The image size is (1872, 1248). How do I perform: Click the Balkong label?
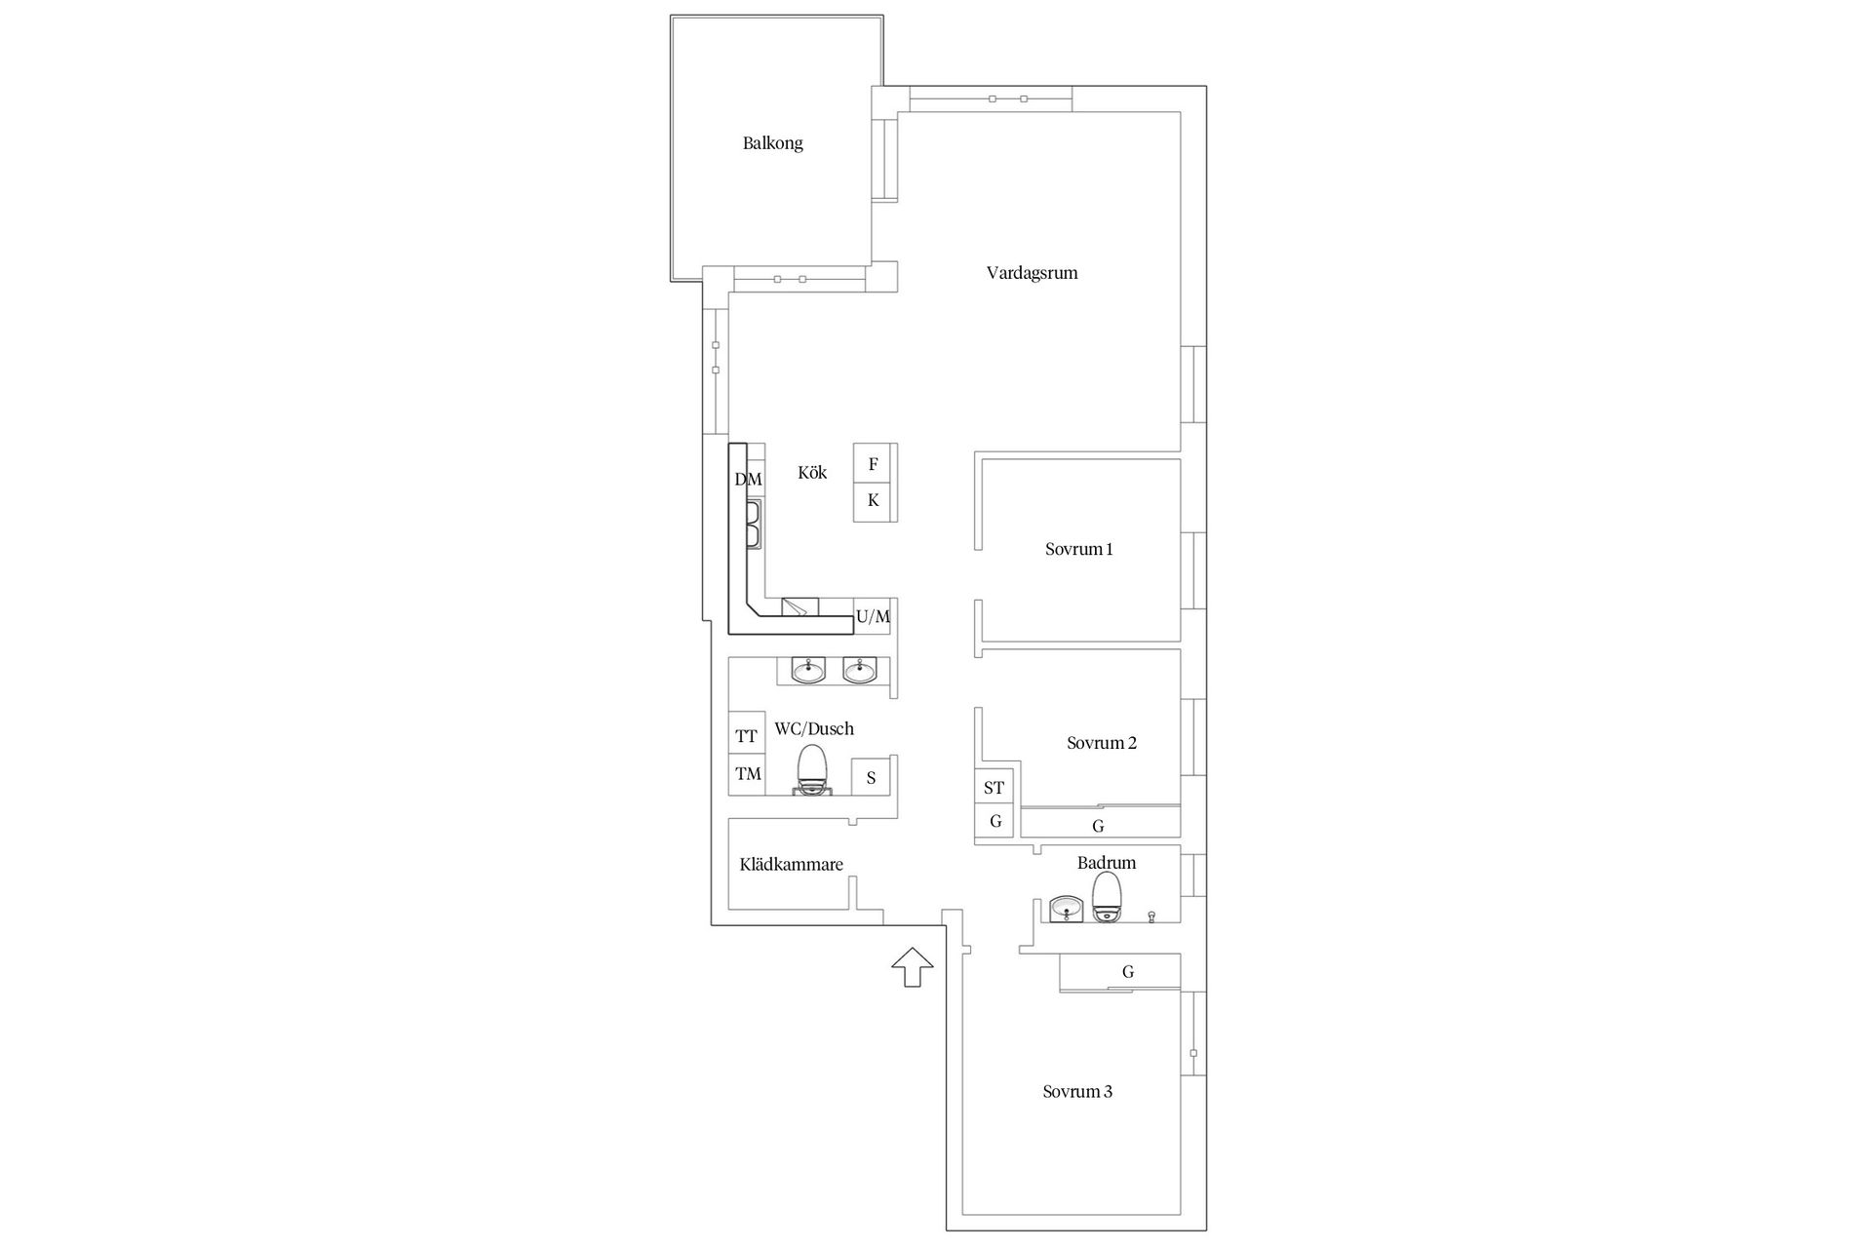coord(772,143)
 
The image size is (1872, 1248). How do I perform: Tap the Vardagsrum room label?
coord(1032,273)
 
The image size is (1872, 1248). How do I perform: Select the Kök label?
coord(812,473)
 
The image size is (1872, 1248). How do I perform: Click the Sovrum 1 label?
coord(1078,549)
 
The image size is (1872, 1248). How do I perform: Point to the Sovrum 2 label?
coord(1101,743)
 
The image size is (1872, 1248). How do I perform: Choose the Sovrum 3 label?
coord(1076,1092)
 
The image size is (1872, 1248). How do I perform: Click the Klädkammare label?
coord(791,865)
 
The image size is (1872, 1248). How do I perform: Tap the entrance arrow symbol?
coord(912,966)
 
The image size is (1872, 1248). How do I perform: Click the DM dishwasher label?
coord(748,480)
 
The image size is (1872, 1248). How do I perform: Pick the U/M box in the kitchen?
coord(873,616)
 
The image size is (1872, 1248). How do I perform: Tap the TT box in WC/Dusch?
coord(747,735)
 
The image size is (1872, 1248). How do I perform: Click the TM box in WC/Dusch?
coord(747,774)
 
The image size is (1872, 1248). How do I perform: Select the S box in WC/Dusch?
coord(871,777)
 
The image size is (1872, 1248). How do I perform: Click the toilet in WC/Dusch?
coord(811,771)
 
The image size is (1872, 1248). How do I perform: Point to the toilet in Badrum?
coord(1107,898)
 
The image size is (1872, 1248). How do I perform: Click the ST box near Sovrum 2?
coord(994,787)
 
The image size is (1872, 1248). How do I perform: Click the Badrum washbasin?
coord(1068,910)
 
